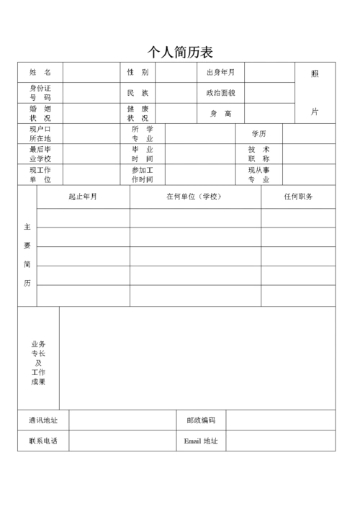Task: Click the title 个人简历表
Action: tap(180, 52)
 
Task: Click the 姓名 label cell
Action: tap(40, 73)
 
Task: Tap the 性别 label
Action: tap(138, 73)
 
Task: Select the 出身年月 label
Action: tap(220, 73)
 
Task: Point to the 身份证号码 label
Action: tap(40, 93)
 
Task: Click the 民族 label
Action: tap(138, 93)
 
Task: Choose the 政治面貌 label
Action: tap(220, 93)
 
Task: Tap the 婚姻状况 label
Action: tap(40, 113)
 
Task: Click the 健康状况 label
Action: tap(138, 113)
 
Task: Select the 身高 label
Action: tap(220, 113)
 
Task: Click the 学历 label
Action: tap(259, 134)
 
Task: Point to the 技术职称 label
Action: tap(259, 154)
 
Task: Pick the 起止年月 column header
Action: tap(83, 197)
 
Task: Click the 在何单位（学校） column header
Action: tap(194, 197)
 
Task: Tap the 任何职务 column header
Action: tap(298, 197)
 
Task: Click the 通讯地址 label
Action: tap(43, 420)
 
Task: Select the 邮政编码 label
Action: tap(201, 420)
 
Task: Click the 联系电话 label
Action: tap(43, 441)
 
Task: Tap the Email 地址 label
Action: tap(201, 441)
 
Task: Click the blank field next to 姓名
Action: tap(91, 73)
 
